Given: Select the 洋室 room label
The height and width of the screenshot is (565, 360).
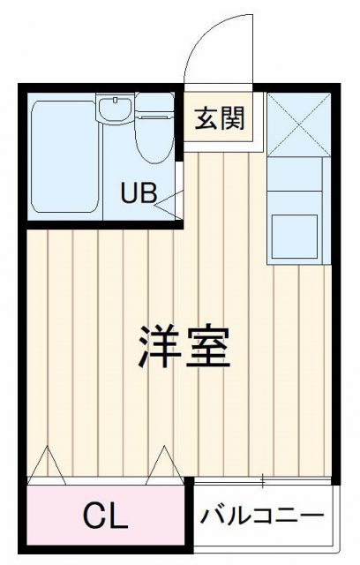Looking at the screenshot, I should (184, 348).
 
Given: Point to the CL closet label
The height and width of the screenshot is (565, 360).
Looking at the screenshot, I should (105, 515).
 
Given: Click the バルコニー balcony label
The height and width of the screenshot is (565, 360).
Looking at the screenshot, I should (262, 514).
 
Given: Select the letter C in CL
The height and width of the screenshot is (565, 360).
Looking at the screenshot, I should (94, 515).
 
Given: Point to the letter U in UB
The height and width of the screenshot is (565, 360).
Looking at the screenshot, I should (129, 193).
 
